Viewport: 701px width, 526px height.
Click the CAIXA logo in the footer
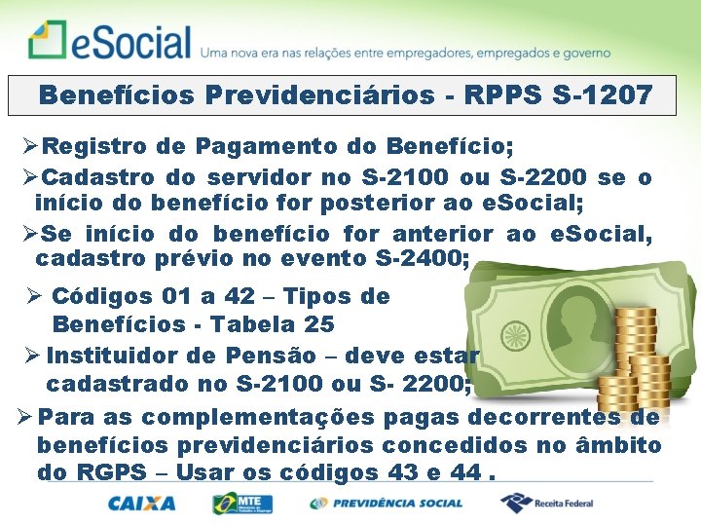pyautogui.click(x=142, y=504)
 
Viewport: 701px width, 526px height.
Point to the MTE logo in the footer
pyautogui.click(x=242, y=504)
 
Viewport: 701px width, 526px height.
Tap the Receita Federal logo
pyautogui.click(x=547, y=504)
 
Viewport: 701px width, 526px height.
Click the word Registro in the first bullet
pyautogui.click(x=93, y=147)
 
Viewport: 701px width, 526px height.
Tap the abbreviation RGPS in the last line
pyautogui.click(x=96, y=473)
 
